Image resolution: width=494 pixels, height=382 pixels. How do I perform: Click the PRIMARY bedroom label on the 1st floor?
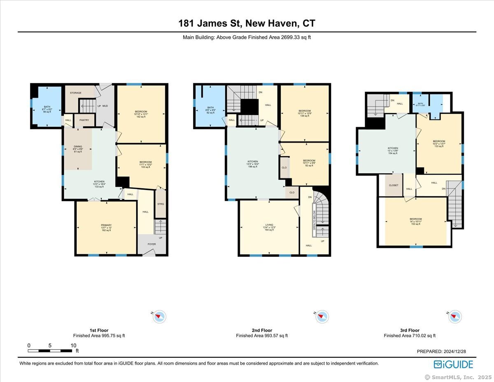106,225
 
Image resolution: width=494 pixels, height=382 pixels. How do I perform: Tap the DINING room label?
78,146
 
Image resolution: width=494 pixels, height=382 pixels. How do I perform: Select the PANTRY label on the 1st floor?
84,120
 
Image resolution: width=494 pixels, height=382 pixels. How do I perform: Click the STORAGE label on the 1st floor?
76,93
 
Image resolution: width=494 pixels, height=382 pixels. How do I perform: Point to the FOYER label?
152,244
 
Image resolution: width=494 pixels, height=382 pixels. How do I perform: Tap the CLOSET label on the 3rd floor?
394,185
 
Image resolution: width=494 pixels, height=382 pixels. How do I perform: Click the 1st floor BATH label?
47,107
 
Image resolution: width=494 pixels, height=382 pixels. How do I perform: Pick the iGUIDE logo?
453,364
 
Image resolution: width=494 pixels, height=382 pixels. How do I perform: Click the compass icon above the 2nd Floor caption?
322,316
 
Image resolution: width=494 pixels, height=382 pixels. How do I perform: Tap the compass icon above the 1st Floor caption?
160,316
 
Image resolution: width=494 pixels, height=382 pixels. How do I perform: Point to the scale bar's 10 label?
73,345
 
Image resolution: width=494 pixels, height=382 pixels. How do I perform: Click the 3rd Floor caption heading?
410,330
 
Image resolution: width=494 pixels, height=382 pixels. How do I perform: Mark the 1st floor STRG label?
161,204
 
